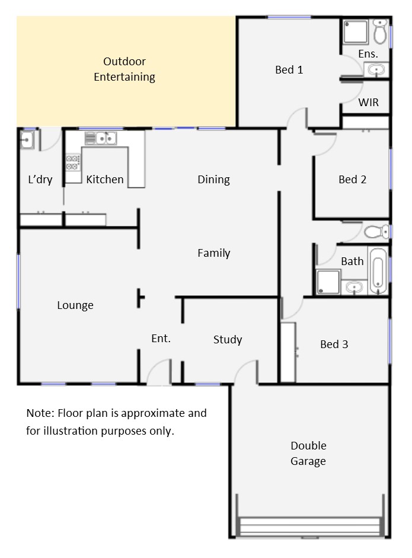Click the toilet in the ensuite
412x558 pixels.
(x=381, y=31)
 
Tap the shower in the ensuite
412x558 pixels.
(x=355, y=31)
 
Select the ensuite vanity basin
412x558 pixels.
(x=376, y=69)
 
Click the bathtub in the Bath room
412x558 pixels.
(x=378, y=271)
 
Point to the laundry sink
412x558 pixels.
(x=27, y=139)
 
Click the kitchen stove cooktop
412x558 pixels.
(x=72, y=162)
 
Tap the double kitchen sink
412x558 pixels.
(x=101, y=138)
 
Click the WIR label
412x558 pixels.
(x=368, y=103)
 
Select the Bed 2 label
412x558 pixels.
(x=352, y=179)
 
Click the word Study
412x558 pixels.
(x=228, y=340)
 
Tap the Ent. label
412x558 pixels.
(x=161, y=339)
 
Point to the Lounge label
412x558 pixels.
(x=75, y=305)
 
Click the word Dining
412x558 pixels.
(x=213, y=179)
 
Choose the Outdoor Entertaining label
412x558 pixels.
(x=124, y=69)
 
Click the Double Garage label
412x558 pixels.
(x=308, y=454)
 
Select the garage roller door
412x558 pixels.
(x=310, y=527)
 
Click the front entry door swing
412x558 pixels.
(x=159, y=372)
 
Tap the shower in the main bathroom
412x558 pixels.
(x=328, y=282)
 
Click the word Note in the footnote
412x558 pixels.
(x=40, y=413)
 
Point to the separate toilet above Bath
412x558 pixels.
(x=377, y=232)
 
